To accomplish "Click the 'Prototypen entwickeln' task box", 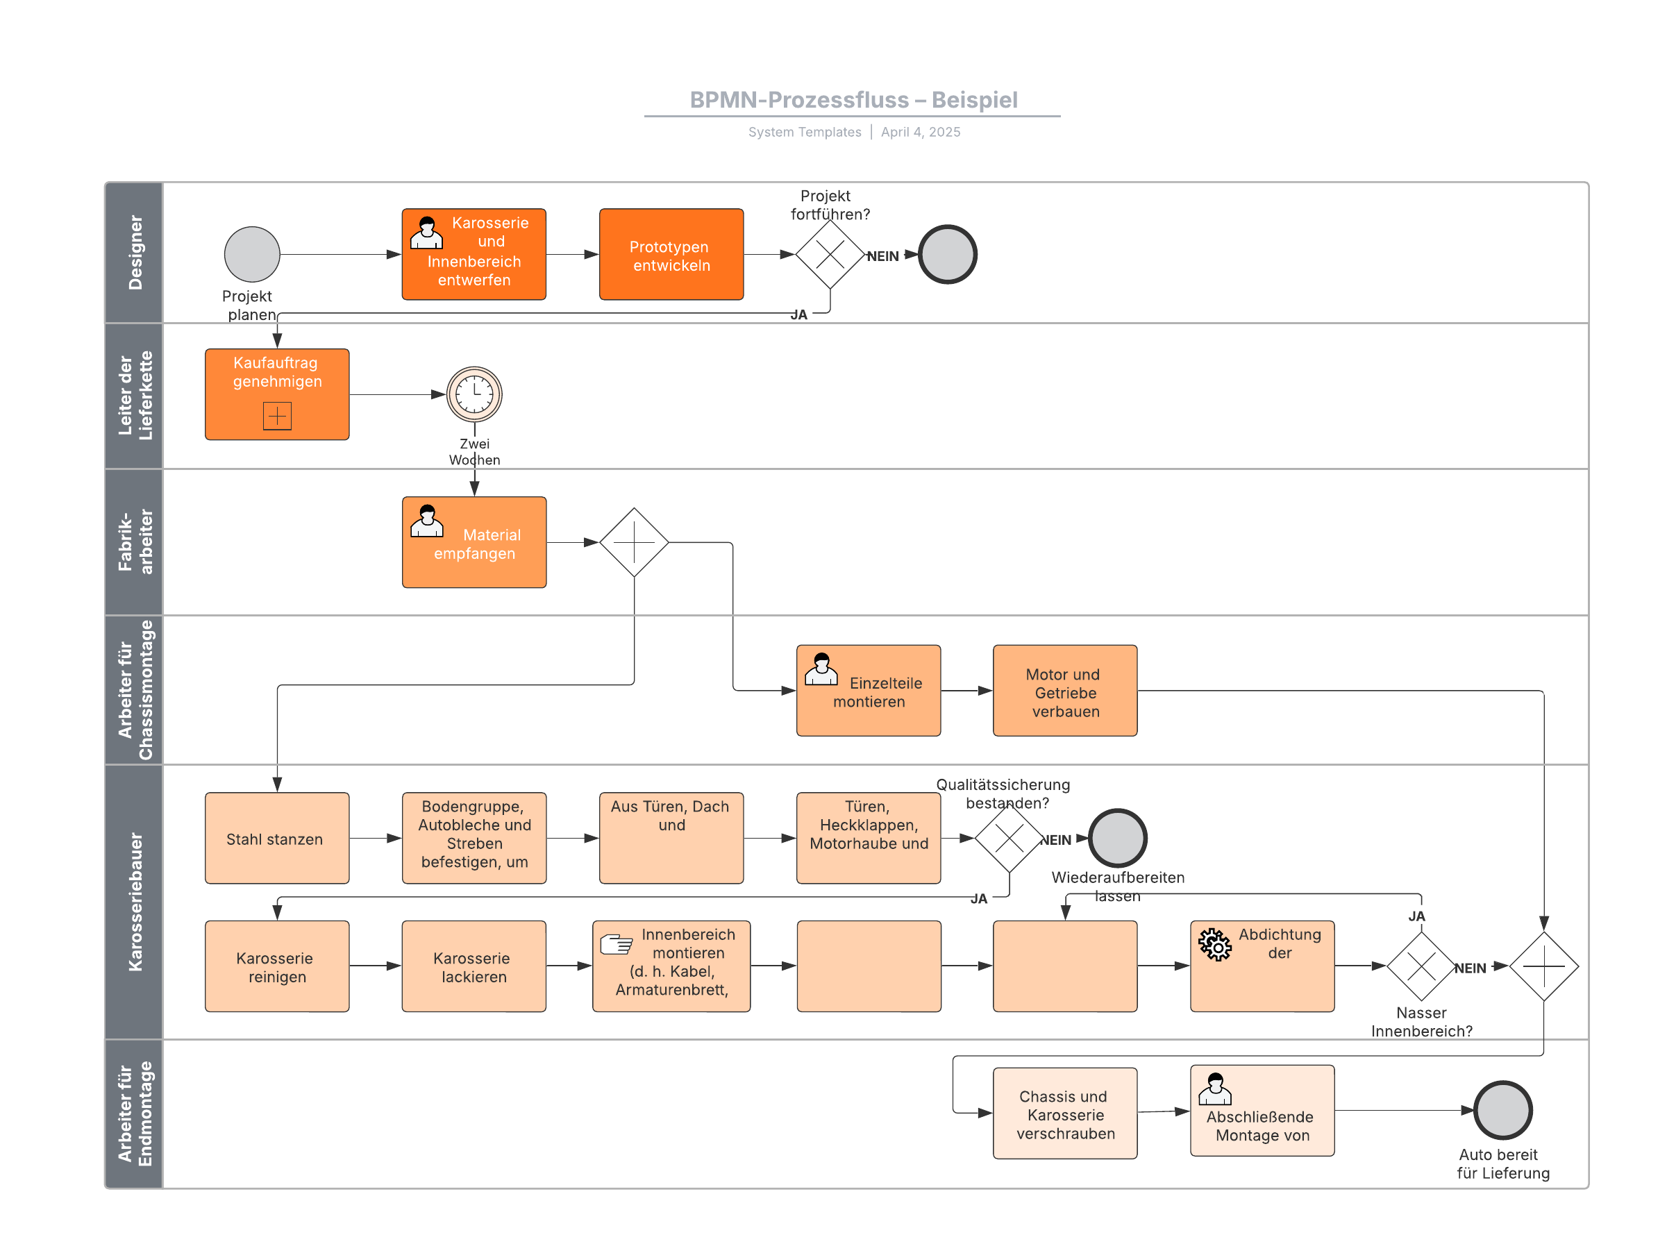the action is click(x=671, y=255).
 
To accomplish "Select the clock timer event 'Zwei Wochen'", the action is click(x=474, y=394).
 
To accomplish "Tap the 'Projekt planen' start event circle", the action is click(x=252, y=255).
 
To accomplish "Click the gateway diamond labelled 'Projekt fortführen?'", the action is click(x=830, y=255).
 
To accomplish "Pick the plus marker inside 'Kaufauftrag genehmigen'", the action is click(x=277, y=416).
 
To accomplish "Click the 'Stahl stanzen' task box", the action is click(x=277, y=838).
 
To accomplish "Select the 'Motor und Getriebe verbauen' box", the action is click(x=1064, y=691).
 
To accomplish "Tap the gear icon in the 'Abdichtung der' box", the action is click(x=1214, y=944).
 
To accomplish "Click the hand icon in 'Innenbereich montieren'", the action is click(x=616, y=943).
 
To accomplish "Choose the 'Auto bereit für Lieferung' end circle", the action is click(x=1503, y=1110).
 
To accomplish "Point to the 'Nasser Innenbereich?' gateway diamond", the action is click(x=1421, y=966).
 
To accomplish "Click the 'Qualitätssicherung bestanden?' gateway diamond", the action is click(x=1009, y=838).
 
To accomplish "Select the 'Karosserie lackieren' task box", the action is click(x=474, y=966).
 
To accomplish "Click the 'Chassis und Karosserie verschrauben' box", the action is click(x=1064, y=1113).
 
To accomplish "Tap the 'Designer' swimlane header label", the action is click(x=135, y=253).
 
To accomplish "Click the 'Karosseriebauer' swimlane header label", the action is click(x=135, y=901).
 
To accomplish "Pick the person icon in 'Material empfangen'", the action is click(x=427, y=521).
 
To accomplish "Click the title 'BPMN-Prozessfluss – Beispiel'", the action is click(x=853, y=100).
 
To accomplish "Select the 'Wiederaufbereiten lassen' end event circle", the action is click(x=1118, y=838).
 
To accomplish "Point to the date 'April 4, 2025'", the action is click(x=920, y=132).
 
